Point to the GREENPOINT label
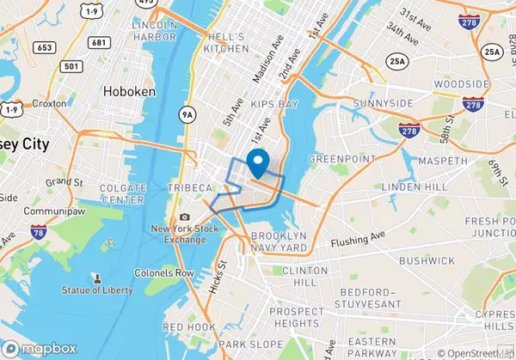click(337, 158)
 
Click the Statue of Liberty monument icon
click(97, 280)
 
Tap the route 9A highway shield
click(188, 112)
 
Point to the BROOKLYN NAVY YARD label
click(279, 241)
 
